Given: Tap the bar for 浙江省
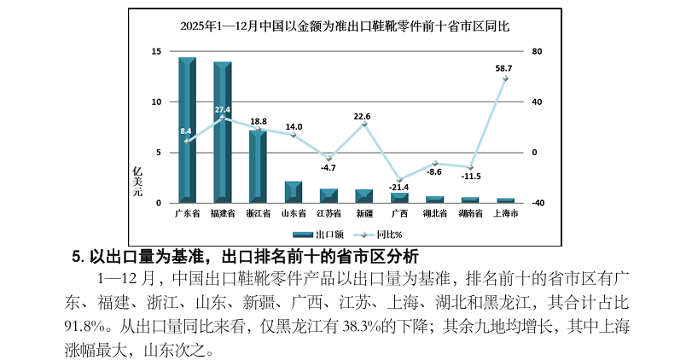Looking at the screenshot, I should [258, 166].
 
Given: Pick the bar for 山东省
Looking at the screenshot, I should [294, 192].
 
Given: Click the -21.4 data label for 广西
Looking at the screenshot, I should [399, 187].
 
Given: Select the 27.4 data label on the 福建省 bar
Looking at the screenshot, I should [223, 110].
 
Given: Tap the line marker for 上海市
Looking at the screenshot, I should [505, 78].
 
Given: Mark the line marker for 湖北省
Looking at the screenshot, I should [434, 163].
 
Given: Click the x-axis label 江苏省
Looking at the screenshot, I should [329, 213].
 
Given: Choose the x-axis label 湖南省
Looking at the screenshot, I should [470, 213].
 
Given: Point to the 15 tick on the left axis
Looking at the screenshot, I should [156, 52].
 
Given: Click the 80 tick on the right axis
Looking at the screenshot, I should [536, 52].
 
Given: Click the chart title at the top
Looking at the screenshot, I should [345, 26].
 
